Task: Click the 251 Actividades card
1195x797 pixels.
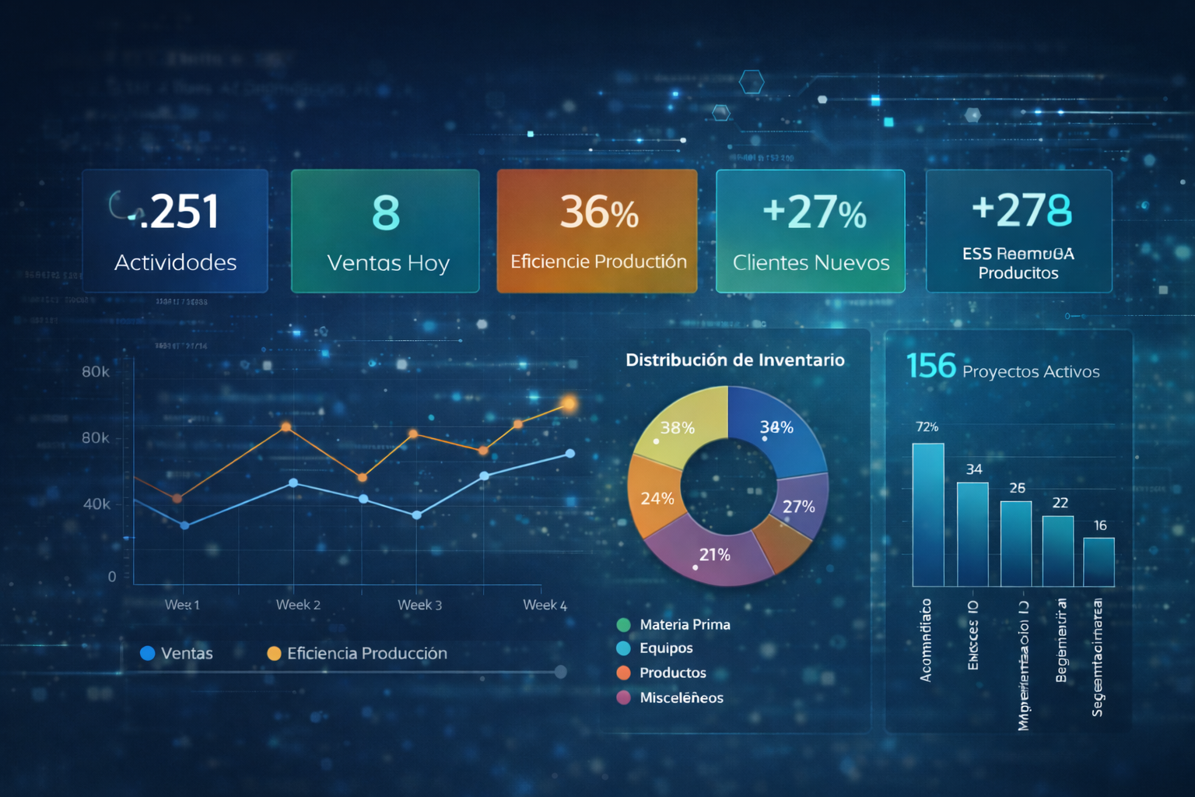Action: (175, 231)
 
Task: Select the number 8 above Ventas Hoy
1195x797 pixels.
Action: (386, 212)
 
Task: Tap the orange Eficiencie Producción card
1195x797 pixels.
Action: (597, 231)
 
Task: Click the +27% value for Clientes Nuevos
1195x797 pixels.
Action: (814, 212)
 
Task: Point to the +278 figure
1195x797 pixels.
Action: (1022, 209)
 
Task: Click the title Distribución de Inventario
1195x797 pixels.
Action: (734, 360)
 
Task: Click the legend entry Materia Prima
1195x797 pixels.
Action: (684, 624)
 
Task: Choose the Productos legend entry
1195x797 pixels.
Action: (672, 672)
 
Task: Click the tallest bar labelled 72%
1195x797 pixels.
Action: (927, 514)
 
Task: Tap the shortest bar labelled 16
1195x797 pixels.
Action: (1099, 561)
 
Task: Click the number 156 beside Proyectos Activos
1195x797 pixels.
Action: (930, 366)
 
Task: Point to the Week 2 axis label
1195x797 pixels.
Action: (298, 605)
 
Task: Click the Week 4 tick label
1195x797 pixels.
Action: (545, 605)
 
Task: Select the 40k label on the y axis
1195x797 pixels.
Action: (96, 504)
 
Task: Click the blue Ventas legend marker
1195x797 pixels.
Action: (147, 653)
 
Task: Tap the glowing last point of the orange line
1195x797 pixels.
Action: (569, 403)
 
